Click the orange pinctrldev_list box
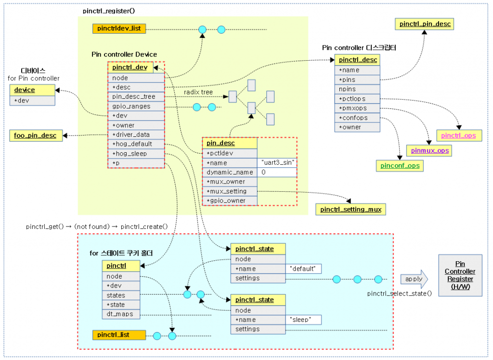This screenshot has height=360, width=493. (119, 29)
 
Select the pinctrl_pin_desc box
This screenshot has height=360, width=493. (424, 23)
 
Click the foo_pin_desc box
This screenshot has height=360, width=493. (35, 135)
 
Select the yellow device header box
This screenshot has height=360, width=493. (32, 90)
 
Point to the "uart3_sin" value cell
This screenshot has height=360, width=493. (277, 163)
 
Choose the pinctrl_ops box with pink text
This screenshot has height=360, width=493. (458, 135)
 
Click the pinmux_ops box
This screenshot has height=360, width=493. (430, 151)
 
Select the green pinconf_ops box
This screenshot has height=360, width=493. (400, 166)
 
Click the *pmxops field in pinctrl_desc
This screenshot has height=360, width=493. (356, 108)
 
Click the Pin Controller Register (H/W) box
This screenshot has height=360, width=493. (460, 275)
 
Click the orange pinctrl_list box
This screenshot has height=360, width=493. (118, 334)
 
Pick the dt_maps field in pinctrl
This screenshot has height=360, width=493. (121, 314)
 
